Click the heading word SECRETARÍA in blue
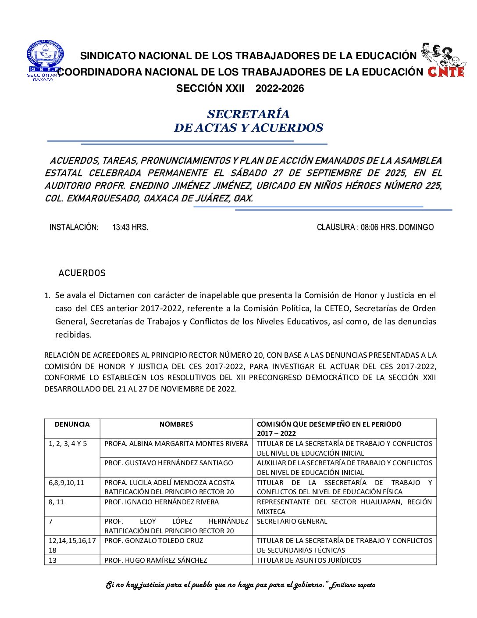(x=248, y=114)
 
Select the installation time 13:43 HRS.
(x=130, y=227)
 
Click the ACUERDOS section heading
(x=82, y=273)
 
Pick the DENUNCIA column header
(x=72, y=424)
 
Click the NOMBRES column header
(x=176, y=424)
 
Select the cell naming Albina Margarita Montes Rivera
(x=176, y=444)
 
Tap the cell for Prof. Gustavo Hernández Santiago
(x=168, y=463)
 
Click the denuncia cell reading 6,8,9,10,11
(x=66, y=482)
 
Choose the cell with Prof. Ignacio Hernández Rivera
(x=161, y=502)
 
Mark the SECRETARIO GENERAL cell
(x=292, y=521)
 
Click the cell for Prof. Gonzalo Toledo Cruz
(x=153, y=541)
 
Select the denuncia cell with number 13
(x=53, y=560)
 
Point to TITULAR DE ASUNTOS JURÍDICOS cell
(x=309, y=560)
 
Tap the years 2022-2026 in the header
(x=280, y=89)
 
